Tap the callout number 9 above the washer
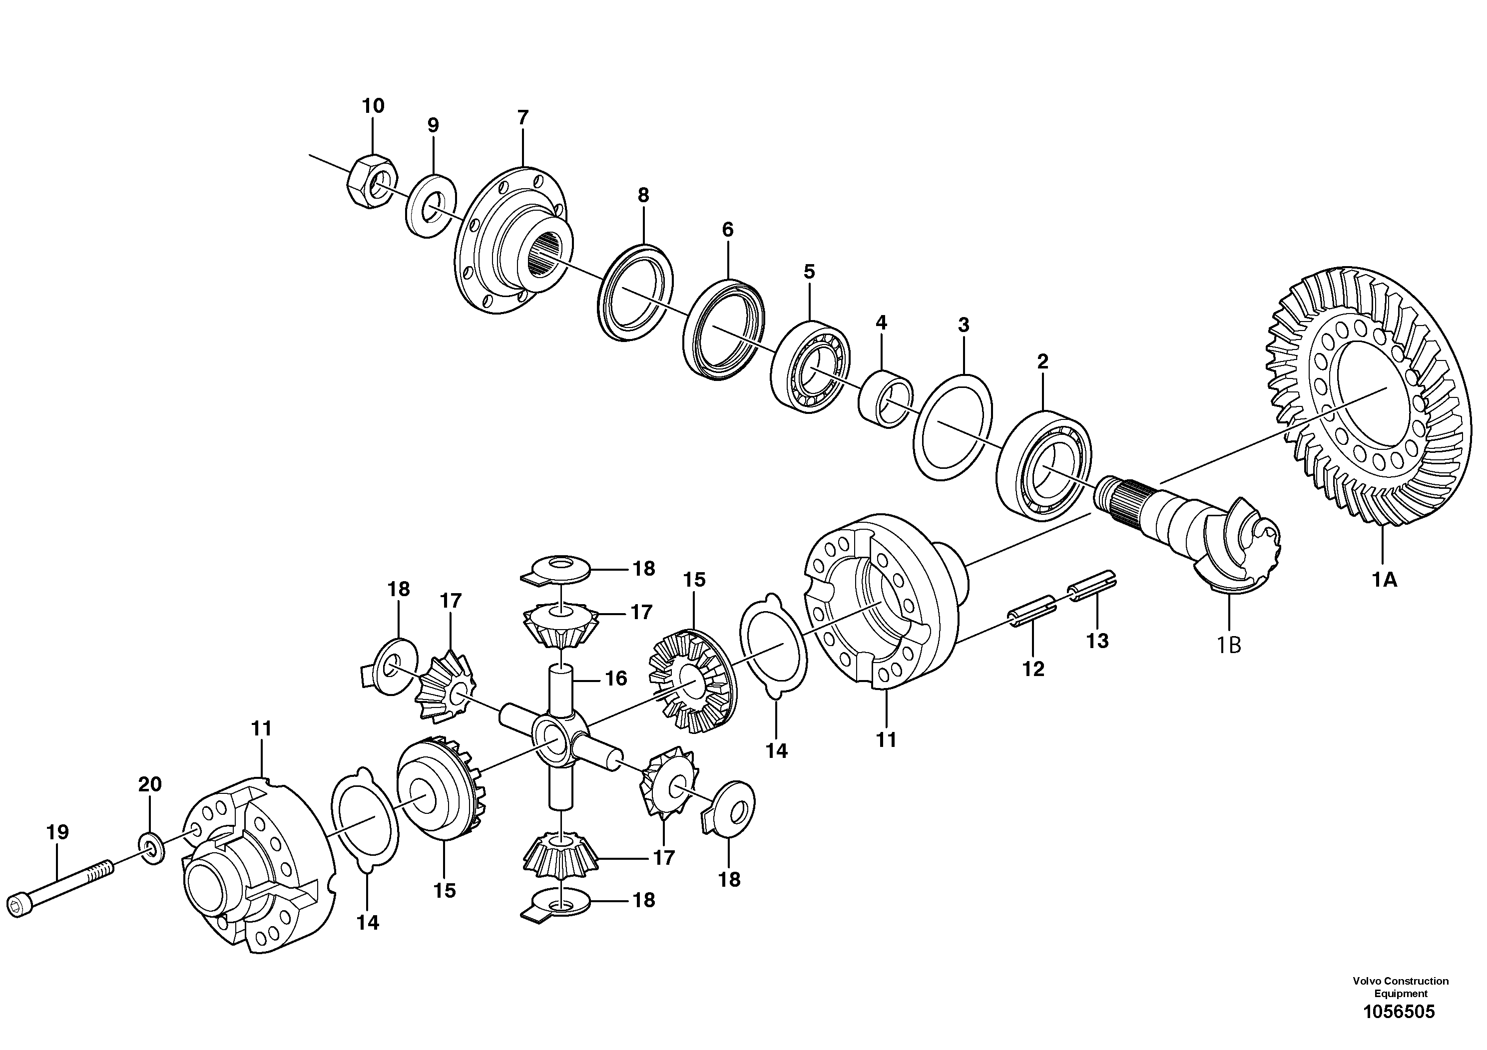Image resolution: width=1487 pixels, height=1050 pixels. tap(433, 125)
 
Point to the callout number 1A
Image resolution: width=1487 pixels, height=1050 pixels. tap(1384, 580)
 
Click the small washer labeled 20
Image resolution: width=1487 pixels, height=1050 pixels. tap(151, 847)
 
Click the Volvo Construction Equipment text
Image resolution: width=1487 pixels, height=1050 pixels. tap(1400, 987)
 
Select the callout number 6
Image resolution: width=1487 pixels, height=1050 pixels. tap(727, 229)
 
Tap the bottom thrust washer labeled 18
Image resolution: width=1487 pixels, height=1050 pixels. tap(559, 904)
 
